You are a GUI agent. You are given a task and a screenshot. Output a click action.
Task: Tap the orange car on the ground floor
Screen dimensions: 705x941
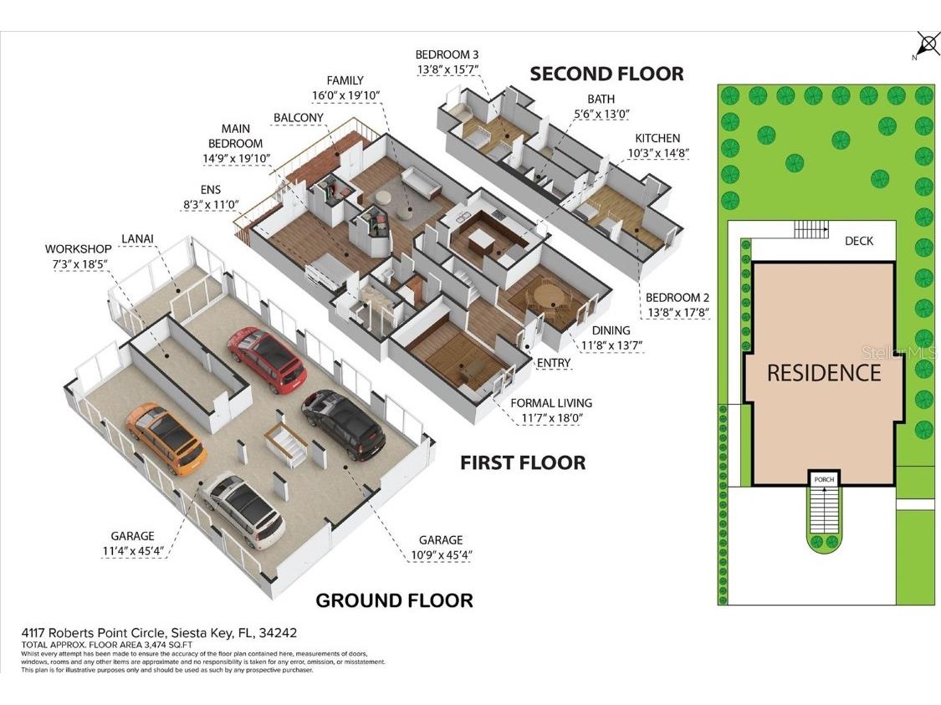[x=166, y=437]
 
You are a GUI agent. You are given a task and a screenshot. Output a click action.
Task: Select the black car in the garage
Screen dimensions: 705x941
[x=343, y=425]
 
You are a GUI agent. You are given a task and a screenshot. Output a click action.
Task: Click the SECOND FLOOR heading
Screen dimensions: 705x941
[x=606, y=74]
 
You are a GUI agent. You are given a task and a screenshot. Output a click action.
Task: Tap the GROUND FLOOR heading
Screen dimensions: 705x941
[x=393, y=600]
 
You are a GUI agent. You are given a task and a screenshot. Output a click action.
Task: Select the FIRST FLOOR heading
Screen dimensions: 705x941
[x=522, y=462]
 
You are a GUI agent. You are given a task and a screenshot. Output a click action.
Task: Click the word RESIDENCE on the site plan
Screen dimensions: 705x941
[x=824, y=372]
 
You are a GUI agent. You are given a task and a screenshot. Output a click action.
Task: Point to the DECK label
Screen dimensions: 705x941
[x=858, y=241]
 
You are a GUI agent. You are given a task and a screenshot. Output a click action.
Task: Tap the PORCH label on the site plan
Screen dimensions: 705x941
[x=824, y=479]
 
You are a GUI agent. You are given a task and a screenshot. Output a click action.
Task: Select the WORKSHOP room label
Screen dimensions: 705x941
[x=78, y=249]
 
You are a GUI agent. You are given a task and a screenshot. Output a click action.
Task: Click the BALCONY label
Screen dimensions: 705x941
[x=298, y=118]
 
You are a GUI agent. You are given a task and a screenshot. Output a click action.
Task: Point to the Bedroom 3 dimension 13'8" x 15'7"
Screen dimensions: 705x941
[x=447, y=69]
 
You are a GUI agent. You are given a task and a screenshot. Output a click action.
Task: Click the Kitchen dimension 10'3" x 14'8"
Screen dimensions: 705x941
[x=657, y=153]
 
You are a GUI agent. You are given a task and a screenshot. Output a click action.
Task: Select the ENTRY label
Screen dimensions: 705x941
[x=554, y=362]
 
